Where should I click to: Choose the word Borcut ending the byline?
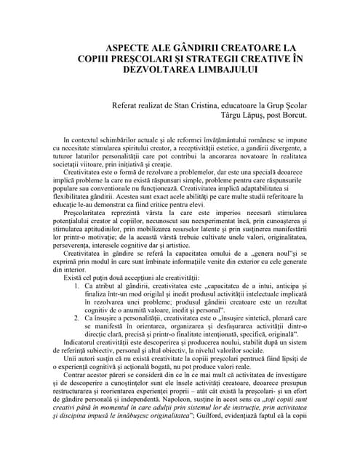(x=294, y=115)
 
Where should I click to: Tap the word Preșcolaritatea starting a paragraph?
(x=88, y=214)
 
